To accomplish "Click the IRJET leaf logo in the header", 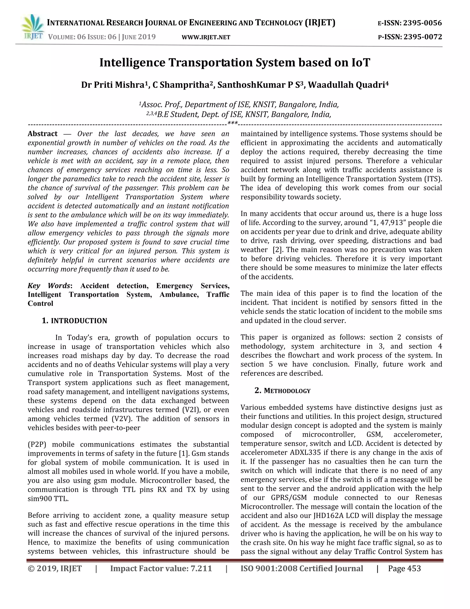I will tap(33, 27).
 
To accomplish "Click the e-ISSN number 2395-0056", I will tap(422, 23).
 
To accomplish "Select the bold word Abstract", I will tap(43, 134).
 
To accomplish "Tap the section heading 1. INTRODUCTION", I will tap(74, 321).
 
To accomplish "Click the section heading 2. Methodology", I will tap(282, 391).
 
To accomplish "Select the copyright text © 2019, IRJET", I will tap(55, 568).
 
